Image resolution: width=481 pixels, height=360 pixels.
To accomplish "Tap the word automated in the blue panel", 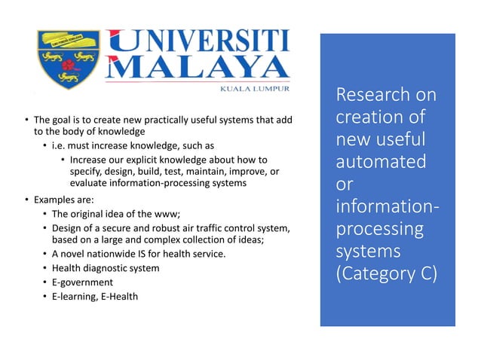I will (x=382, y=162).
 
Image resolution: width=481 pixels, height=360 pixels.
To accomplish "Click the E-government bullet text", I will (x=81, y=282).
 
